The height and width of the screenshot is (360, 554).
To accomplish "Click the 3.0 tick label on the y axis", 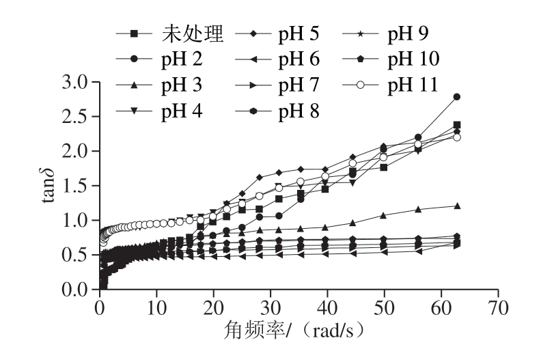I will (77, 83).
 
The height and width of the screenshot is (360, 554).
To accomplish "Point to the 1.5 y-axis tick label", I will (77, 186).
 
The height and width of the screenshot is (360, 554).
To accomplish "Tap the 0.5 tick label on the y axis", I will (77, 255).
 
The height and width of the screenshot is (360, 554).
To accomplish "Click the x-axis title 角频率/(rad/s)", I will (299, 331).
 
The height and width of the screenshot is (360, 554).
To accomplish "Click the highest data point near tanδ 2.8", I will (457, 97).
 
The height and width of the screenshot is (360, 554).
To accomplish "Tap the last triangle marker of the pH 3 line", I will (457, 205).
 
